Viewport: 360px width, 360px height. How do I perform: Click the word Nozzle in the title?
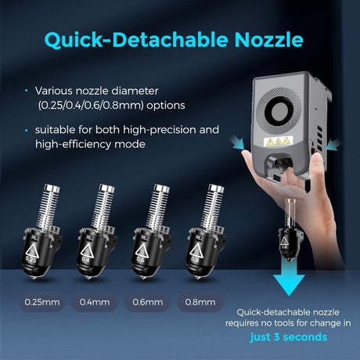point(268,40)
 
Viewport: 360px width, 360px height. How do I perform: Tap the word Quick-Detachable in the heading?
point(136,40)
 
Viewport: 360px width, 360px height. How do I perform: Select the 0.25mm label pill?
point(41,302)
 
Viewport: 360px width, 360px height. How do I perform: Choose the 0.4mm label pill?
point(95,302)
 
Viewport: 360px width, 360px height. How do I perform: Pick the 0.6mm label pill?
point(148,302)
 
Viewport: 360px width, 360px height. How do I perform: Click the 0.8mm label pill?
point(200,302)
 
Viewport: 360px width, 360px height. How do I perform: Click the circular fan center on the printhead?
point(279,111)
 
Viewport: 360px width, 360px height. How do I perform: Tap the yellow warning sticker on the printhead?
point(278,141)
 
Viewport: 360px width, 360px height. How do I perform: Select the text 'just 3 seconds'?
point(289,337)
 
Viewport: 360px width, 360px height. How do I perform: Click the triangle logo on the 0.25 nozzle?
point(32,250)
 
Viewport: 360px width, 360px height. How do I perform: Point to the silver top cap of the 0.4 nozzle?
point(106,189)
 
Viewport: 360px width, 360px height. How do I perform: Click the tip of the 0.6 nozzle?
point(142,278)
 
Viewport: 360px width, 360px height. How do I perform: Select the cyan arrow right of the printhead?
point(333,145)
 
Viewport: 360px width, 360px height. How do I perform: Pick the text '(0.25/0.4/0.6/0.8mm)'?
point(91,106)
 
